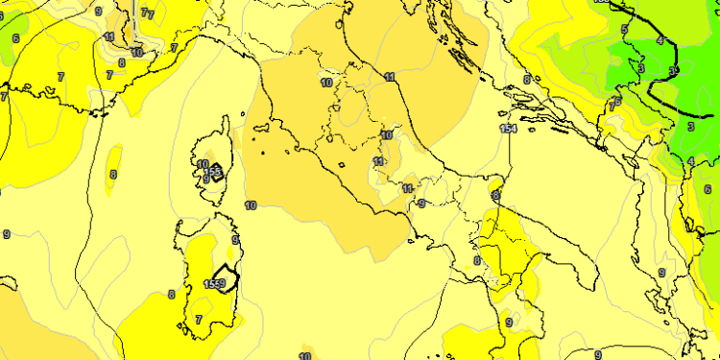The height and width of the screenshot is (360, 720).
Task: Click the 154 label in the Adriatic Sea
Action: point(509,129)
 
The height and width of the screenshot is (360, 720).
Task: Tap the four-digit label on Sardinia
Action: point(215,283)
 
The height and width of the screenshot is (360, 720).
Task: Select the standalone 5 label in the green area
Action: point(623,31)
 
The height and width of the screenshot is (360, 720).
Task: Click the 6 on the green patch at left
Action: point(15,39)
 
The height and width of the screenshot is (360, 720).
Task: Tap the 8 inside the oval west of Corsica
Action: point(113,175)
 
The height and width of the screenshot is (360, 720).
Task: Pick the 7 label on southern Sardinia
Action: point(199,319)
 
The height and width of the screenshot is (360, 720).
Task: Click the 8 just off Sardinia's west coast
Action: point(171,295)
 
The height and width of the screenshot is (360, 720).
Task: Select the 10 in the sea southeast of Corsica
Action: point(251,205)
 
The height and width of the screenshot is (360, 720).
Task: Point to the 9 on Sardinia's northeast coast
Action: point(235,240)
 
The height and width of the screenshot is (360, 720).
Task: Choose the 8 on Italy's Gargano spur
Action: point(495,195)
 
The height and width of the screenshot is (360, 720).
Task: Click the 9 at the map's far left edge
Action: point(7,234)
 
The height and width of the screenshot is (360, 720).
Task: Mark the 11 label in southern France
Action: point(108,37)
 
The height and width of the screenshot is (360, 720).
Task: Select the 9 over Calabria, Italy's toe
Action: point(508,323)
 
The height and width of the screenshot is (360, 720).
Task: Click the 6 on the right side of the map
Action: point(708,189)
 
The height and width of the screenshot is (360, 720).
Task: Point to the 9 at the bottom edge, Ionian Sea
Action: point(597,354)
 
